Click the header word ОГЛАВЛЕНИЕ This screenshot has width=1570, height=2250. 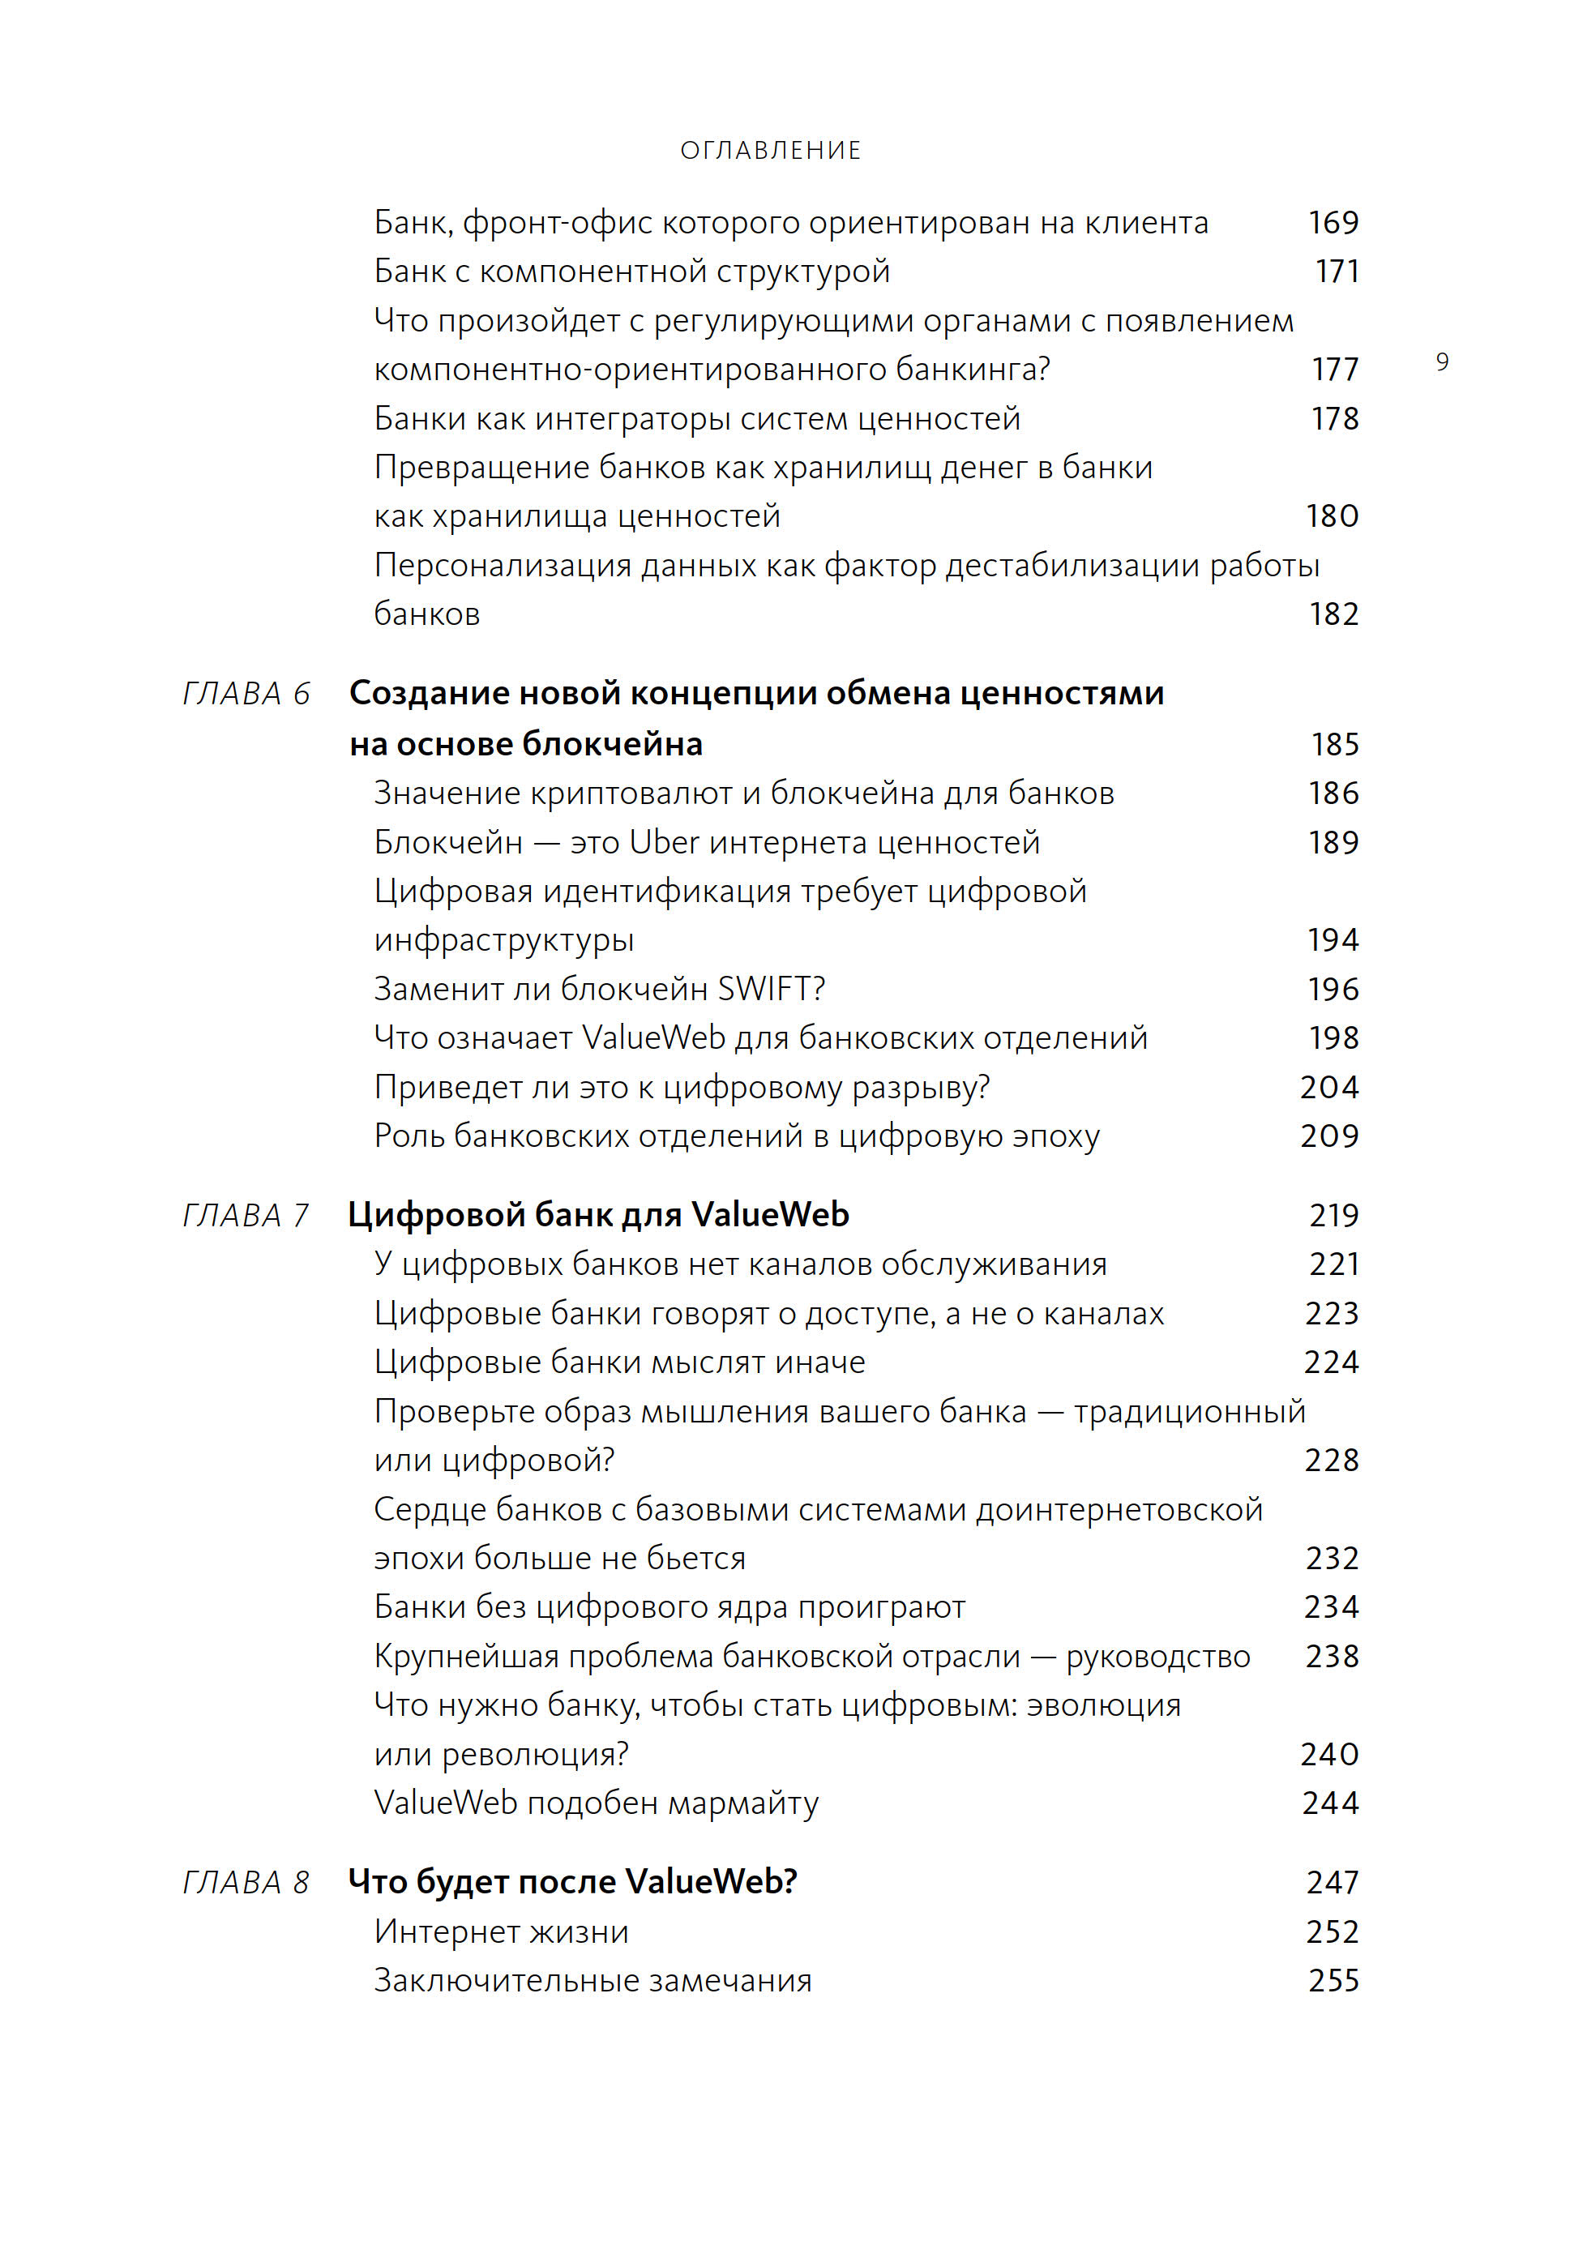coord(770,150)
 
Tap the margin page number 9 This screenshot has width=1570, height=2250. coord(1442,362)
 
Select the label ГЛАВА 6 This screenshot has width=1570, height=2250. coord(246,694)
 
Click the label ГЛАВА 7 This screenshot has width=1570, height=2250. coord(246,1215)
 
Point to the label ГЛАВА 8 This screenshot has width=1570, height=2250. coord(246,1883)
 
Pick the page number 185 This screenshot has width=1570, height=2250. coord(1335,744)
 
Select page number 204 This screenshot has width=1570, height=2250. coord(1329,1087)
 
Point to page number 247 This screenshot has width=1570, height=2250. coord(1332,1883)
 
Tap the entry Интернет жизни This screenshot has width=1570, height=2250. coord(501,1931)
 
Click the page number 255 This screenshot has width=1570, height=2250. coord(1333,1981)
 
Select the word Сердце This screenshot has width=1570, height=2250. coord(430,1509)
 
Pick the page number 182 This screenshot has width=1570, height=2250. coord(1333,614)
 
